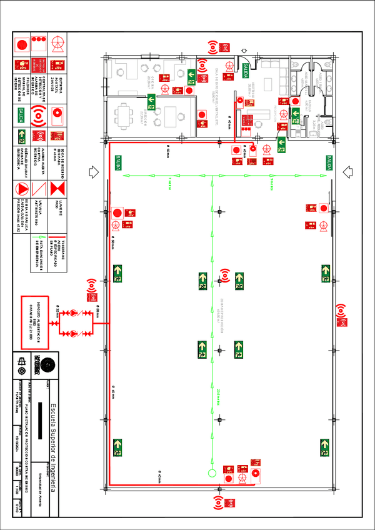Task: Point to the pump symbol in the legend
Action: pyautogui.click(x=58, y=43)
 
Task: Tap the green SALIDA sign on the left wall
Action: pyautogui.click(x=117, y=163)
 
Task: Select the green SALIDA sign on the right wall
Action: pyautogui.click(x=325, y=162)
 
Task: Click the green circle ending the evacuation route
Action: pyautogui.click(x=211, y=472)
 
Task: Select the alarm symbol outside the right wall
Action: pyautogui.click(x=341, y=311)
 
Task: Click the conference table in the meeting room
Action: pyautogui.click(x=126, y=114)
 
